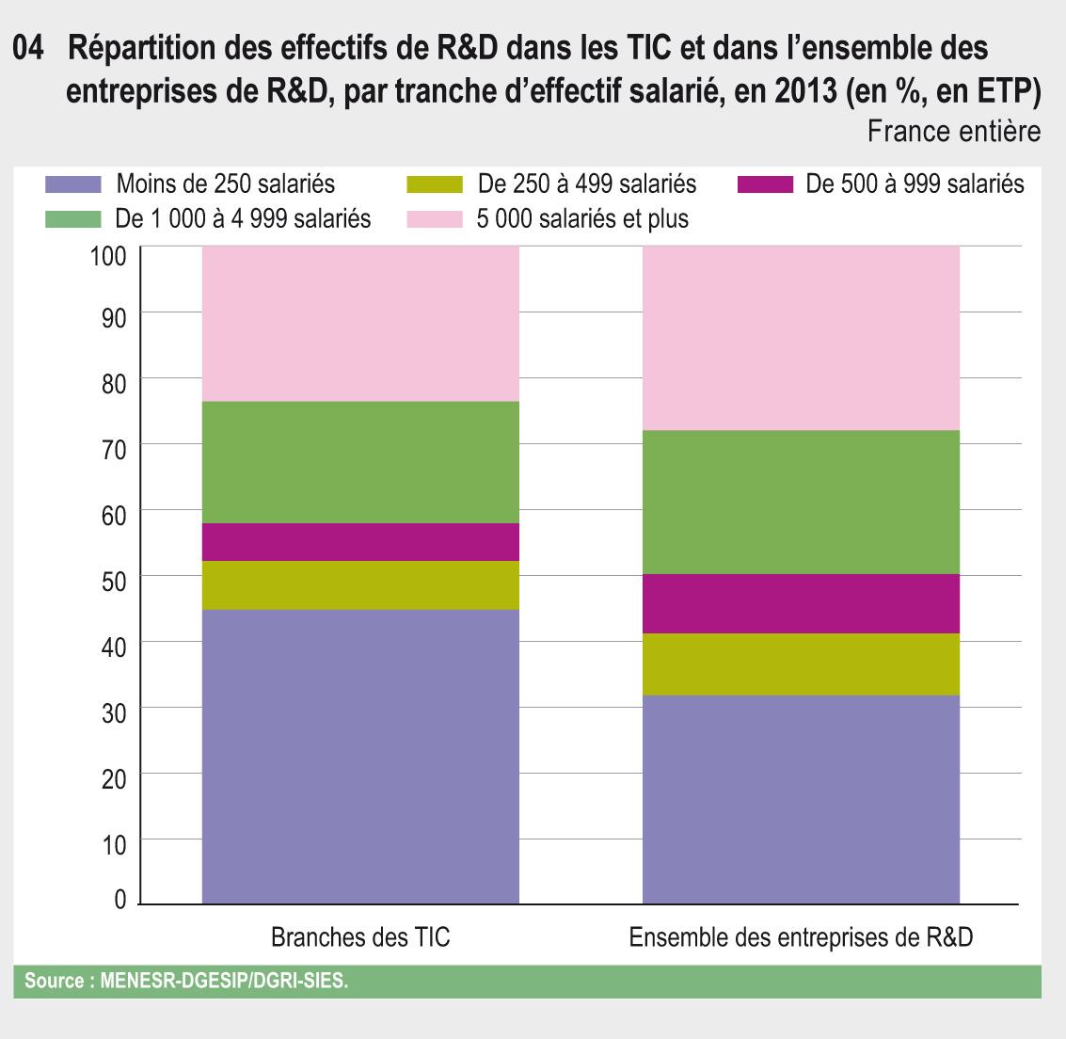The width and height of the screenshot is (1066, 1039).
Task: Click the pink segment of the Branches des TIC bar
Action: pyautogui.click(x=360, y=324)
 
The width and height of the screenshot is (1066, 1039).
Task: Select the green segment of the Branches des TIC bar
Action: pyautogui.click(x=360, y=462)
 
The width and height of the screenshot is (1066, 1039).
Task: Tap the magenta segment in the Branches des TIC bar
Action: pyautogui.click(x=360, y=542)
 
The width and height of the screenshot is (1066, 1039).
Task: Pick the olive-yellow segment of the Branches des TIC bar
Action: pyautogui.click(x=360, y=585)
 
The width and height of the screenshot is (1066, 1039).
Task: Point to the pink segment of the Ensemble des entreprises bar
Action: pyautogui.click(x=801, y=338)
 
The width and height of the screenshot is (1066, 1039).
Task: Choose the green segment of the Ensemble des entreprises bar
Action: pyautogui.click(x=801, y=502)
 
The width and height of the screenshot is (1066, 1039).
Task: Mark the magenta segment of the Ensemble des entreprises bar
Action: pyautogui.click(x=801, y=603)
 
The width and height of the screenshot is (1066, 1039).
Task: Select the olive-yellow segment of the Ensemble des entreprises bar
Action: pyautogui.click(x=801, y=664)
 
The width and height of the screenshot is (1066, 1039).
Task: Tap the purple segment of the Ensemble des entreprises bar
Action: pyautogui.click(x=801, y=799)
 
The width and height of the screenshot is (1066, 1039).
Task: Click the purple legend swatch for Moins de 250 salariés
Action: pyautogui.click(x=72, y=183)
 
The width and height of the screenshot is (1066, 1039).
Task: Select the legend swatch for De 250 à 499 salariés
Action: pyautogui.click(x=435, y=183)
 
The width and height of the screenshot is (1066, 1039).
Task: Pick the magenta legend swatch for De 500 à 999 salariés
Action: pyautogui.click(x=765, y=183)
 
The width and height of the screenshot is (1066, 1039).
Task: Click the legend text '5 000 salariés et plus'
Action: pyautogui.click(x=582, y=219)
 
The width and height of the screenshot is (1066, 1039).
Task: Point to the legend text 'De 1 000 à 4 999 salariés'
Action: pyautogui.click(x=243, y=219)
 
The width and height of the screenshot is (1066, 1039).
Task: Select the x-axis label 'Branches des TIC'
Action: pyautogui.click(x=360, y=938)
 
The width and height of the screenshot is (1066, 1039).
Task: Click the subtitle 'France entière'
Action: pyautogui.click(x=953, y=131)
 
